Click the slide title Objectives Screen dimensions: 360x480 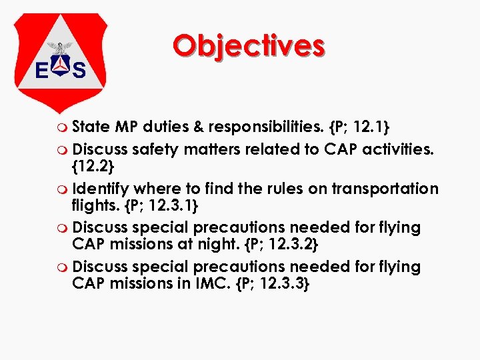coord(248,46)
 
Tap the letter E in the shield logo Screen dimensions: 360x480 coord(41,69)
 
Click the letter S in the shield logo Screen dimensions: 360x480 coord(79,69)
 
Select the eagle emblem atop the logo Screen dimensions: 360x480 coord(61,48)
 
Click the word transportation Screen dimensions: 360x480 coord(388,189)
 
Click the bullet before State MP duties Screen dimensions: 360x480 coord(63,127)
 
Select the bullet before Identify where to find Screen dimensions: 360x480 coord(63,190)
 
